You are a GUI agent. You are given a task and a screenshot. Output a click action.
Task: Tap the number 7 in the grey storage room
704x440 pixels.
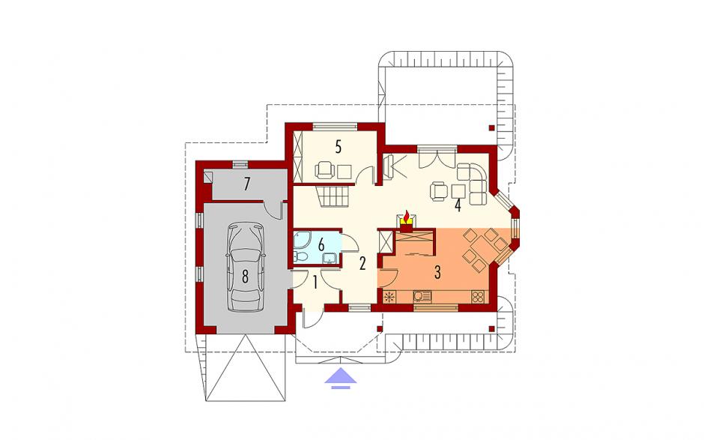click(246, 184)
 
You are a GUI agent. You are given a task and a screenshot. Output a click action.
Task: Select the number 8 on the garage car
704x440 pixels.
click(245, 277)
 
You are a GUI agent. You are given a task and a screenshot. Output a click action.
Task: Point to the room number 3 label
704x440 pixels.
click(437, 272)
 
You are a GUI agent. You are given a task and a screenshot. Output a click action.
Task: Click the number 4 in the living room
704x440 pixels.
click(458, 205)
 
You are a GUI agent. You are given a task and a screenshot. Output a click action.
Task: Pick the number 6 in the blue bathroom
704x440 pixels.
click(321, 245)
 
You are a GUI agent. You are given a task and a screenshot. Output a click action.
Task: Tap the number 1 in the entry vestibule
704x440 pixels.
click(315, 283)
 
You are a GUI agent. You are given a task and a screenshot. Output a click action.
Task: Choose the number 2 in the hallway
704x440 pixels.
click(362, 263)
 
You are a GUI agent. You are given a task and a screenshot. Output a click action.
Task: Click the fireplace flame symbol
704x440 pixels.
click(407, 217)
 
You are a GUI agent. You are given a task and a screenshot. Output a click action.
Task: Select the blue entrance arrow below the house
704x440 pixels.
click(341, 378)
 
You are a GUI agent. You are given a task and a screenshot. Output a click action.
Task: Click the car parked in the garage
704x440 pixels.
click(245, 267)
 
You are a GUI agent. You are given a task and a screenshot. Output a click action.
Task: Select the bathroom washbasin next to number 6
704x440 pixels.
click(331, 258)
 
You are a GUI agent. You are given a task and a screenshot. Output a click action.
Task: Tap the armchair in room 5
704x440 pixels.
click(324, 170)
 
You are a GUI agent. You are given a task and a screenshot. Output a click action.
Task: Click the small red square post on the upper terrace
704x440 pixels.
click(491, 127)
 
